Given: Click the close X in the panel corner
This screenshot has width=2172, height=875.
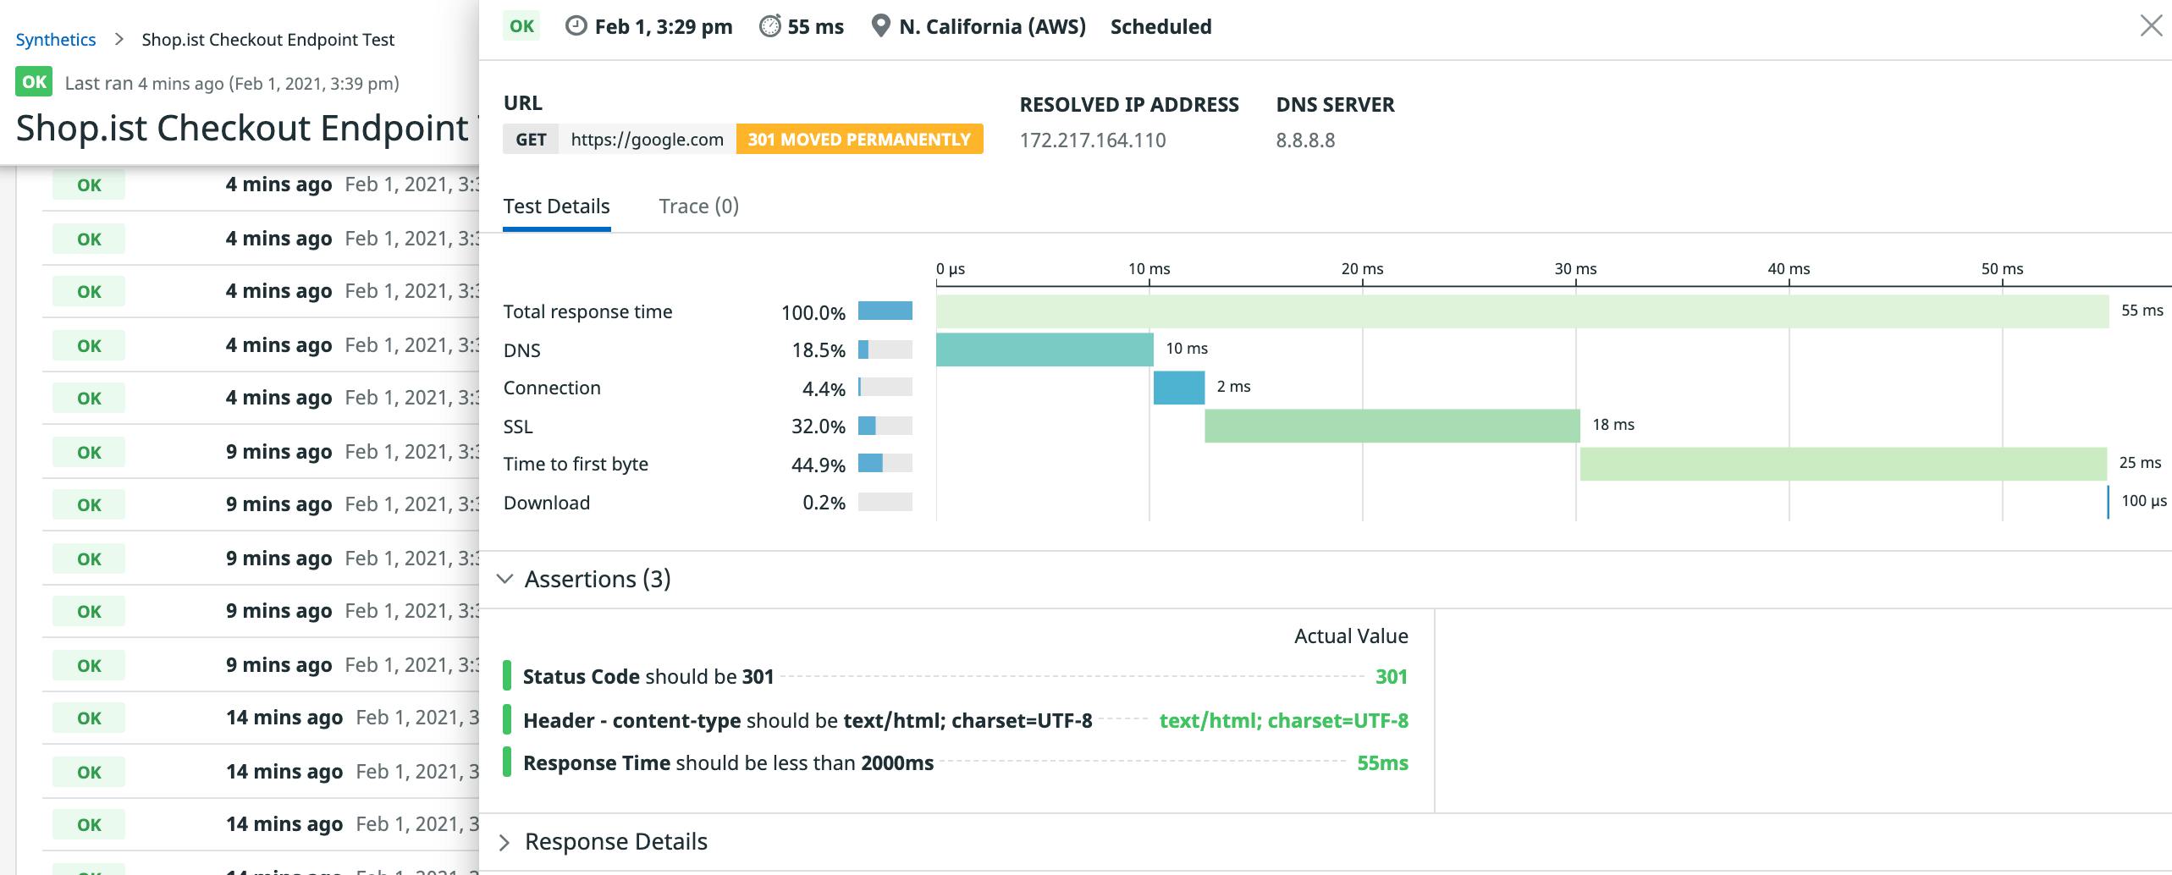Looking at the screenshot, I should (x=2151, y=26).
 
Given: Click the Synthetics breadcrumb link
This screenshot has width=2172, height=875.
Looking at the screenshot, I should (x=56, y=40).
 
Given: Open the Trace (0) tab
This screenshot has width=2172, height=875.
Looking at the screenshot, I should (x=698, y=206).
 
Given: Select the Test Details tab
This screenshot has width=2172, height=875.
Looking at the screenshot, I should (x=556, y=206).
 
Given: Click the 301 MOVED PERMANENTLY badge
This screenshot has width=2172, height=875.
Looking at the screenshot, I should (x=859, y=140).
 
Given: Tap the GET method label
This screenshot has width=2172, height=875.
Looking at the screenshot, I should (x=531, y=140).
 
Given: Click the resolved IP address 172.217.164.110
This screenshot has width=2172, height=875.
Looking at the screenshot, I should (x=1092, y=140).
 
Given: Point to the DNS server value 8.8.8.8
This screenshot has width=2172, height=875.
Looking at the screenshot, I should (x=1305, y=140).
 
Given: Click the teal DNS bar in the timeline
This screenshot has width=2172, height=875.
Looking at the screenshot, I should (x=1044, y=349).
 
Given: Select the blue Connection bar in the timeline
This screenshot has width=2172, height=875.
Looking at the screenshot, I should (x=1178, y=388).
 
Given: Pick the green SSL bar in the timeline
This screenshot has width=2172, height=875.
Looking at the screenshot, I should (x=1392, y=426).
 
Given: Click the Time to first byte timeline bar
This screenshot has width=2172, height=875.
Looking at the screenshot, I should (x=1843, y=464).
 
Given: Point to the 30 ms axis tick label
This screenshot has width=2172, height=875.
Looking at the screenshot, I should (x=1575, y=269).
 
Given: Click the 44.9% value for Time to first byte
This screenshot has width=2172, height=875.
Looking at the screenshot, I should (x=818, y=465).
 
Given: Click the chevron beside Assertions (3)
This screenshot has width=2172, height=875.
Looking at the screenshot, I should (x=505, y=579).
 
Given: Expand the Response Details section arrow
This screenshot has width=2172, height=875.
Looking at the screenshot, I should (x=505, y=842).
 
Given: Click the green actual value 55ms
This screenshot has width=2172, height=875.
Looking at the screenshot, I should (x=1382, y=763).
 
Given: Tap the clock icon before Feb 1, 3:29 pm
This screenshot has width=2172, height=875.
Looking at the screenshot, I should (x=576, y=26).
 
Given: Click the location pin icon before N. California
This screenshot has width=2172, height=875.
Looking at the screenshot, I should (x=880, y=26).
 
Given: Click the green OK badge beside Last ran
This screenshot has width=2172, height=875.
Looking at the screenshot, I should (x=34, y=82).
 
